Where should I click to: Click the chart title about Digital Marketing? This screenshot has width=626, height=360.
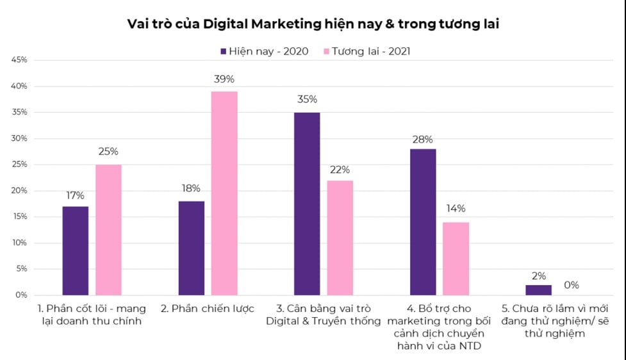(x=313, y=24)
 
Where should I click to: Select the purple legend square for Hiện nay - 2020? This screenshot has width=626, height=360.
(x=224, y=51)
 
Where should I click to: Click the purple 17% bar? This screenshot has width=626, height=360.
(x=76, y=250)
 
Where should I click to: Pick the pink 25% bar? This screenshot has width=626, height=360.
(x=108, y=229)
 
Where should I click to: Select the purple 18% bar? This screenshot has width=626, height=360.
(x=192, y=248)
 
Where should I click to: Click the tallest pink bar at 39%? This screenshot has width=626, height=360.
(x=224, y=193)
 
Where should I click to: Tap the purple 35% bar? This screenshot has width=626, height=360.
(x=307, y=204)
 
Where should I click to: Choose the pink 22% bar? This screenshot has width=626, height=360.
(x=340, y=238)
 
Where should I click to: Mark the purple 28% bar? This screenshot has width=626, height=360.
(x=423, y=222)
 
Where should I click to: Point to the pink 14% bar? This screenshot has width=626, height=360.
(x=456, y=258)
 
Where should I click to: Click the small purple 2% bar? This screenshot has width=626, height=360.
(x=539, y=290)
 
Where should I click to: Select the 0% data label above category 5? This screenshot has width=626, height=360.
(x=572, y=285)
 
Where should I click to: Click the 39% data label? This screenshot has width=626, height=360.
(x=224, y=79)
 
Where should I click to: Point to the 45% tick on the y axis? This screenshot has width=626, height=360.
(x=18, y=60)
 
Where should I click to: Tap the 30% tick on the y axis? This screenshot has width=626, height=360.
(x=18, y=138)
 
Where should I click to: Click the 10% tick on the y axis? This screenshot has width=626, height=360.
(x=18, y=243)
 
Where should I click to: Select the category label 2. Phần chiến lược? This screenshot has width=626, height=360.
(x=208, y=309)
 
